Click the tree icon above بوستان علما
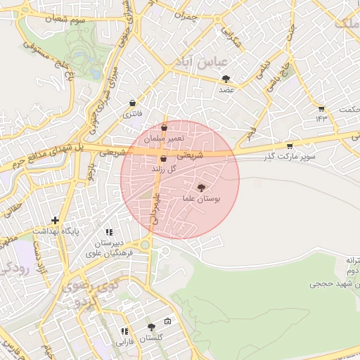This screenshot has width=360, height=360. click(202, 188)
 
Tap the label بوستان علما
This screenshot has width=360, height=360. click(202, 200)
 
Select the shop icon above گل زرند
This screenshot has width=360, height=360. click(163, 160)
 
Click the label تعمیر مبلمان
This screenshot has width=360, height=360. click(165, 139)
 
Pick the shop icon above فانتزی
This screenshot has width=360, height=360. click(132, 103)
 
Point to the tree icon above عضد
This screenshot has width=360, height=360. click(226, 79)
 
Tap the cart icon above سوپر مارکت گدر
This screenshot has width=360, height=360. click(289, 146)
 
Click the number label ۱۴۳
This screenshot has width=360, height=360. click(322, 117)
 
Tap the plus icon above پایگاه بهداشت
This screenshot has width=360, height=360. click(55, 220)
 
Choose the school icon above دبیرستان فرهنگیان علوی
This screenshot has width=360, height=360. click(109, 232)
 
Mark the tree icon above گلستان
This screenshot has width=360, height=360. click(151, 328)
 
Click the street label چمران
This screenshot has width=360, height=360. click(186, 15)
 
